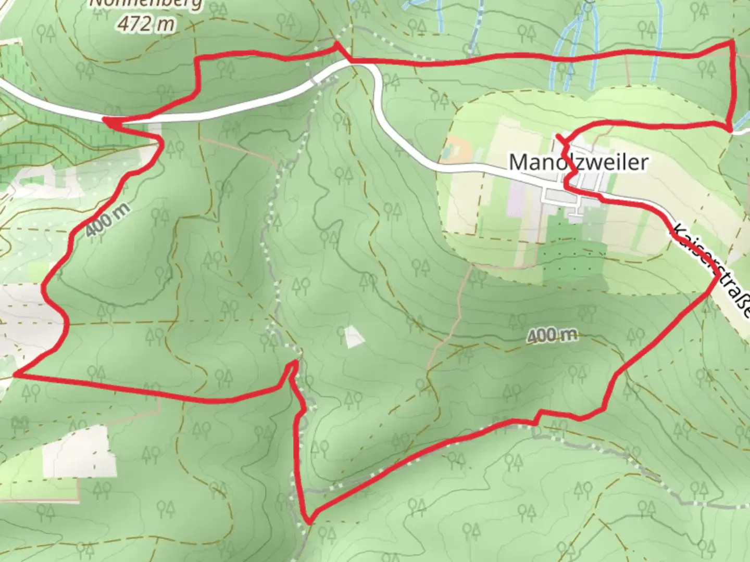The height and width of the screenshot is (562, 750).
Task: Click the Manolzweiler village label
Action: coord(578,162)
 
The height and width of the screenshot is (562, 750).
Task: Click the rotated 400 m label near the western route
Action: coord(107,220)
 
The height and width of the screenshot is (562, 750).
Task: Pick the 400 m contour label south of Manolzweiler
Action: coord(552,336)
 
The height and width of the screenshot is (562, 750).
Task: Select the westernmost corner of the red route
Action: coord(16,374)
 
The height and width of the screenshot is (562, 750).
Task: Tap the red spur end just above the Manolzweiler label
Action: coord(558,136)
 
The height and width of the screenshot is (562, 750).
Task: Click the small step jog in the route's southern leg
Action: coord(537,415)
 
